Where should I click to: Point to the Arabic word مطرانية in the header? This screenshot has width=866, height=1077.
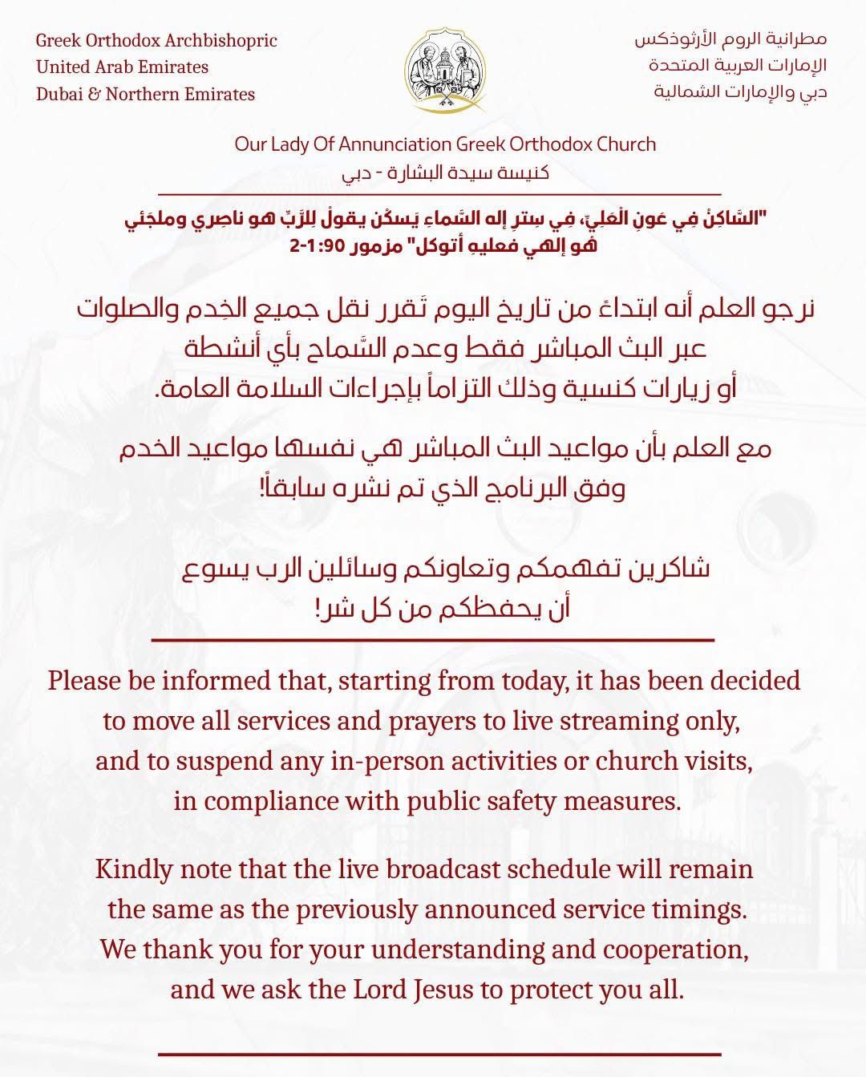[x=799, y=38]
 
